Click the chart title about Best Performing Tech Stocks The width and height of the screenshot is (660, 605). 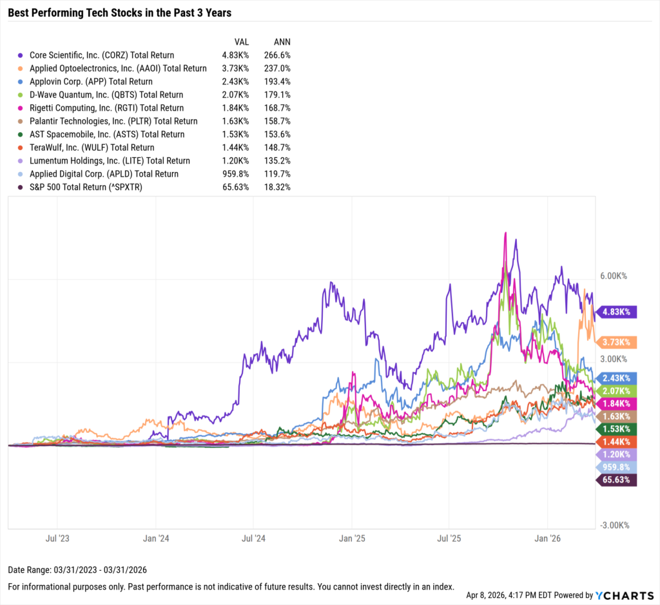pos(119,13)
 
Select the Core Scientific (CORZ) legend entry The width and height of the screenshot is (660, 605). pos(102,55)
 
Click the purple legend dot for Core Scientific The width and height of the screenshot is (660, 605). pos(23,55)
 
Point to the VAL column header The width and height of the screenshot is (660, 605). pos(242,41)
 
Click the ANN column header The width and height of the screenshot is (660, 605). pos(282,41)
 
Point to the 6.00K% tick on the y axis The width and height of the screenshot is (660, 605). pos(613,276)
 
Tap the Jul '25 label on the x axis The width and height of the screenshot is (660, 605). pos(449,538)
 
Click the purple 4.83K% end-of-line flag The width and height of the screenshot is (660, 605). pos(617,312)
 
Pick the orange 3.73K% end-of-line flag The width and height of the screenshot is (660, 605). pos(617,342)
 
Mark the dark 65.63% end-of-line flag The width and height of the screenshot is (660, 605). pos(617,480)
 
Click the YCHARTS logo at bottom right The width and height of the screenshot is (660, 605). pos(622,595)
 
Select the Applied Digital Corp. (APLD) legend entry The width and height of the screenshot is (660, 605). pos(104,174)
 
